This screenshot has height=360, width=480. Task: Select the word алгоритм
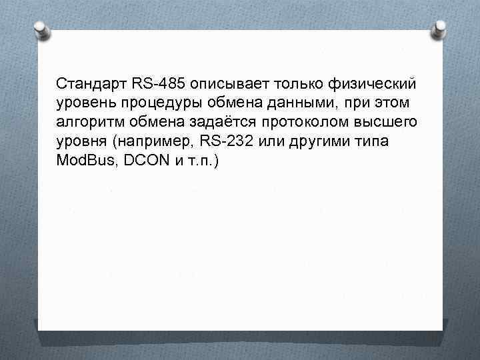tap(86, 124)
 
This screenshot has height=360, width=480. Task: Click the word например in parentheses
tap(157, 143)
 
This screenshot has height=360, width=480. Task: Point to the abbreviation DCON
tap(145, 163)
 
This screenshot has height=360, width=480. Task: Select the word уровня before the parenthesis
tap(82, 143)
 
